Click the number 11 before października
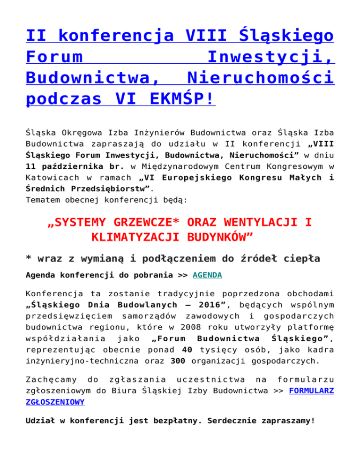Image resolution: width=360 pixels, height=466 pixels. click(x=31, y=179)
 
